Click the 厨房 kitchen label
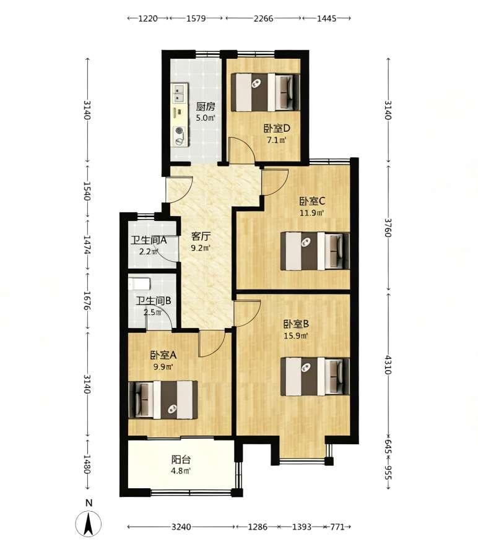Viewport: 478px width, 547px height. click(206, 106)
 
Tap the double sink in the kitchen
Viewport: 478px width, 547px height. click(180, 93)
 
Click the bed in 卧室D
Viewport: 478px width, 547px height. click(266, 92)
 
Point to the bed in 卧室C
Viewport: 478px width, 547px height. click(315, 251)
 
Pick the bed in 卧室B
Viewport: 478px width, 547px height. click(315, 376)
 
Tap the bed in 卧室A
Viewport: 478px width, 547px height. click(163, 400)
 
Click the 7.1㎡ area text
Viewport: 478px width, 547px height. click(277, 140)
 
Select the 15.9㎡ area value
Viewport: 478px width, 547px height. click(295, 336)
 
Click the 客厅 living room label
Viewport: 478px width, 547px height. click(201, 236)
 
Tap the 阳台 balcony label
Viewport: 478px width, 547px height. click(181, 459)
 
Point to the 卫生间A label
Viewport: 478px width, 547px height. click(149, 240)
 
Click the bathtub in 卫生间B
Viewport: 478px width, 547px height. click(139, 283)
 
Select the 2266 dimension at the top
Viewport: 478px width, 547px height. click(263, 18)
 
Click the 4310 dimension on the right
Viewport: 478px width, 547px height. click(388, 365)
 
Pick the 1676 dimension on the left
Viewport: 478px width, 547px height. click(87, 301)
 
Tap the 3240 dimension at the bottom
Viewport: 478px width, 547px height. click(181, 527)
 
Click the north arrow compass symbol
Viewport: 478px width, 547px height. click(89, 523)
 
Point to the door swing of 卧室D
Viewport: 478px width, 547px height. click(241, 150)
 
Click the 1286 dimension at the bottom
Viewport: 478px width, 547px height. click(258, 527)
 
